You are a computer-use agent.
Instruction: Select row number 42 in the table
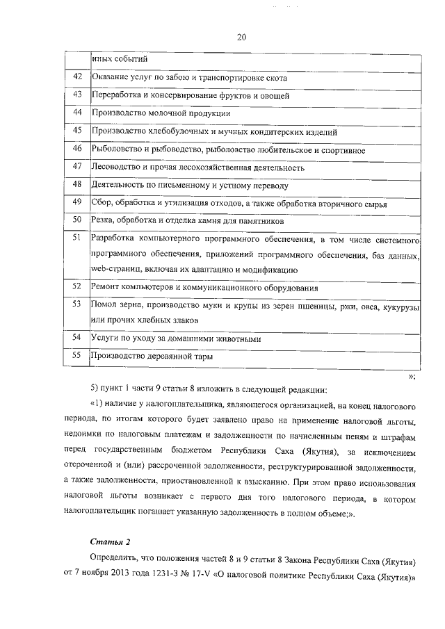tap(78, 76)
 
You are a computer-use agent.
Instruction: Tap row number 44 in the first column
tap(78, 112)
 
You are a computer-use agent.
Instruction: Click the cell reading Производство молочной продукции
tap(161, 113)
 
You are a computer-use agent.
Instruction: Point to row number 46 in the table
tap(78, 148)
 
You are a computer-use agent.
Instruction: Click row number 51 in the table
tap(78, 238)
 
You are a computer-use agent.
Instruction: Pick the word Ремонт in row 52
tap(107, 287)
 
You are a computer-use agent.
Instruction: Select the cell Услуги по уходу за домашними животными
tap(177, 338)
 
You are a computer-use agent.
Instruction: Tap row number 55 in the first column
tap(78, 355)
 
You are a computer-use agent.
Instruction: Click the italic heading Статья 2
tap(110, 540)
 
